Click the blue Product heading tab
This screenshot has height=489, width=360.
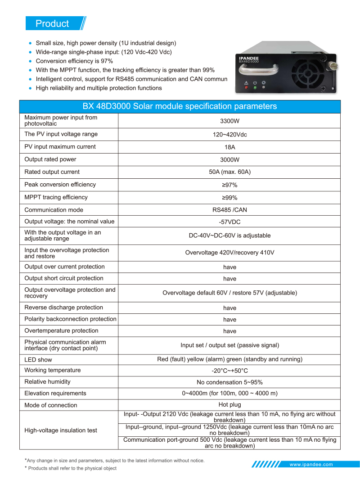[53, 23]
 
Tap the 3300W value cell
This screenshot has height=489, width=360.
[229, 121]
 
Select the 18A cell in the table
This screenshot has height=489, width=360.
[229, 147]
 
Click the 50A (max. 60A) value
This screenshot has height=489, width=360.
[229, 172]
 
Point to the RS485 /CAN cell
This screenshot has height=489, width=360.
[229, 210]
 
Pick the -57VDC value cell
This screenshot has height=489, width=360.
[229, 222]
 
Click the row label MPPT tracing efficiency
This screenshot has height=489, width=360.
[56, 197]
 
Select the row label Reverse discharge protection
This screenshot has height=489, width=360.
[63, 308]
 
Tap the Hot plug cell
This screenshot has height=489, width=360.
[229, 404]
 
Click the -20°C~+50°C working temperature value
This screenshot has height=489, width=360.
[229, 371]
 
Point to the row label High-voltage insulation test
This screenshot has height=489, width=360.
[61, 430]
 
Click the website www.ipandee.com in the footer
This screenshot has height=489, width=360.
[311, 464]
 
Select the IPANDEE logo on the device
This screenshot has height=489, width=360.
[248, 58]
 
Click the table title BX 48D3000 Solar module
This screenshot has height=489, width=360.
[180, 107]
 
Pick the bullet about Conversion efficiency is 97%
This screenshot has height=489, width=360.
[74, 61]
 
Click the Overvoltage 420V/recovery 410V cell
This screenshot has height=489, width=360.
[229, 253]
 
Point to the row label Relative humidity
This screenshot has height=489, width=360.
[47, 382]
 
